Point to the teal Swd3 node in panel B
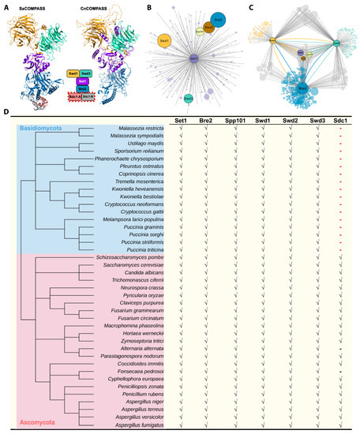[188, 99]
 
